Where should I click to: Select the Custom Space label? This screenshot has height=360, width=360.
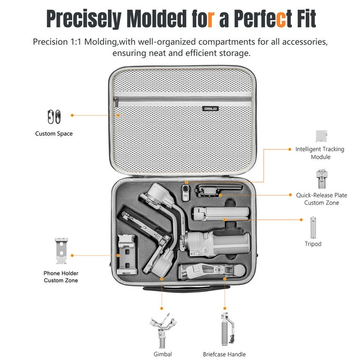[x=54, y=134]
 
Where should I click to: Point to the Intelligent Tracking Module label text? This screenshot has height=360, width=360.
[x=320, y=153]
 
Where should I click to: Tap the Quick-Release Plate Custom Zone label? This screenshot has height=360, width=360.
[x=321, y=198]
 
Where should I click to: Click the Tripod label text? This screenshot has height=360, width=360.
[x=313, y=244]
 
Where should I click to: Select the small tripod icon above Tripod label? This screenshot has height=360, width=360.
[x=313, y=227]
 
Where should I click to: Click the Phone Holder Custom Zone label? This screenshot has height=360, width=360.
[x=61, y=277]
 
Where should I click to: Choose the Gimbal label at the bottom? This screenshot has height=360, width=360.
[x=163, y=354]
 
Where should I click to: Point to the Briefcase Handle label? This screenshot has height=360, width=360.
[x=224, y=354]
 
